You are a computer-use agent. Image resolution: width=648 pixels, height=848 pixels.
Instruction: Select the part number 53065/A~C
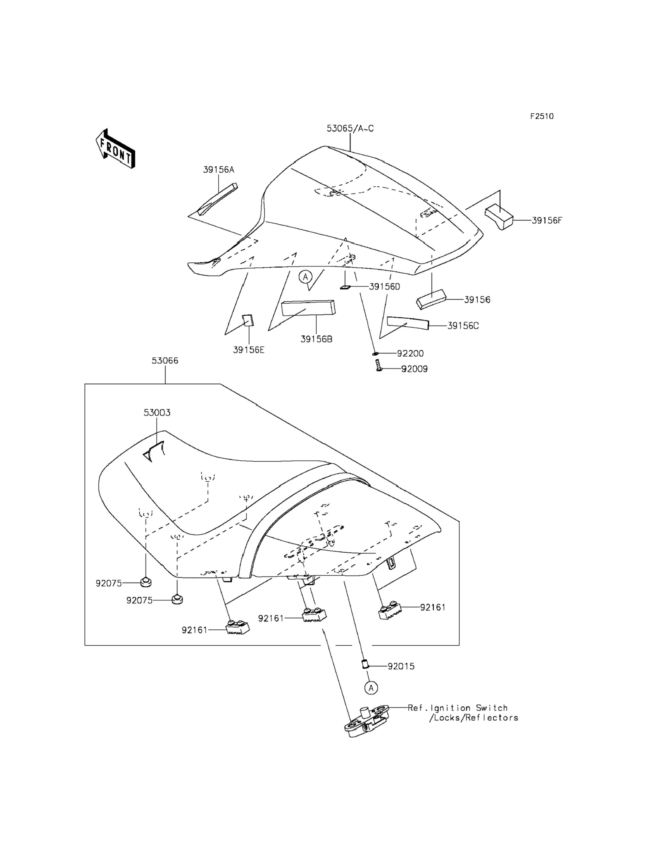350,129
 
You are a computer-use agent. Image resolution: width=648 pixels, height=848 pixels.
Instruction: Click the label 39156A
219,170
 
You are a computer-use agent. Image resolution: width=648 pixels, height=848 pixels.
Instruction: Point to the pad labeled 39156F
499,217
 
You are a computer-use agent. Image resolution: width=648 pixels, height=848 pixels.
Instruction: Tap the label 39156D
385,287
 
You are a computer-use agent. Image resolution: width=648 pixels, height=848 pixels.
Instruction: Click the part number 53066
165,361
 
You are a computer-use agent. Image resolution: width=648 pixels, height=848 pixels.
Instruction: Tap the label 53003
157,413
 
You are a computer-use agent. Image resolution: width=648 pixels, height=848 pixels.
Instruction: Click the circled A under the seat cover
305,276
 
